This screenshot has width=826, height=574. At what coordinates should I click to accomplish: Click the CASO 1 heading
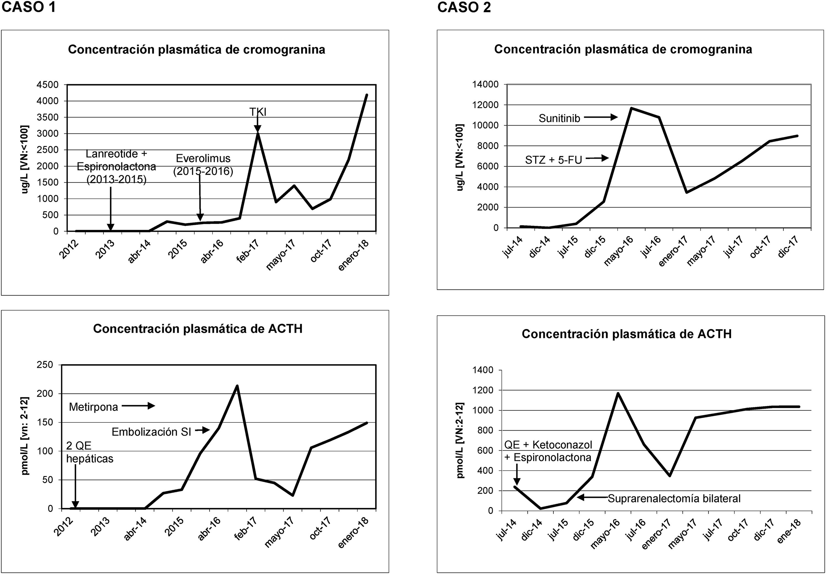coord(29,7)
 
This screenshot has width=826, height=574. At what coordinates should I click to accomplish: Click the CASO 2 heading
coord(464,7)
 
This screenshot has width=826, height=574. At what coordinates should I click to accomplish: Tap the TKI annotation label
coord(258,112)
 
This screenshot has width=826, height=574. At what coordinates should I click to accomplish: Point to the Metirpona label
coord(93,407)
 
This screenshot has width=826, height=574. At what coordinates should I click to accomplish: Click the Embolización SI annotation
coord(151,432)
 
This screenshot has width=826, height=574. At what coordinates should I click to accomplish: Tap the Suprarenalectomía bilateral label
coord(674,499)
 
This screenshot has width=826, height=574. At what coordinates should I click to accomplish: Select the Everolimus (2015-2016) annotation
coord(203,165)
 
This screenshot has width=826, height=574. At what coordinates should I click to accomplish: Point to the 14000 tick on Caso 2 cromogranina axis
coord(485,85)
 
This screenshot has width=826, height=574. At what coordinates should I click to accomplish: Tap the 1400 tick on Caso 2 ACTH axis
coord(483,370)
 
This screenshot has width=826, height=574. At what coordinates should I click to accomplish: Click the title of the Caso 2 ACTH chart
coord(627,334)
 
